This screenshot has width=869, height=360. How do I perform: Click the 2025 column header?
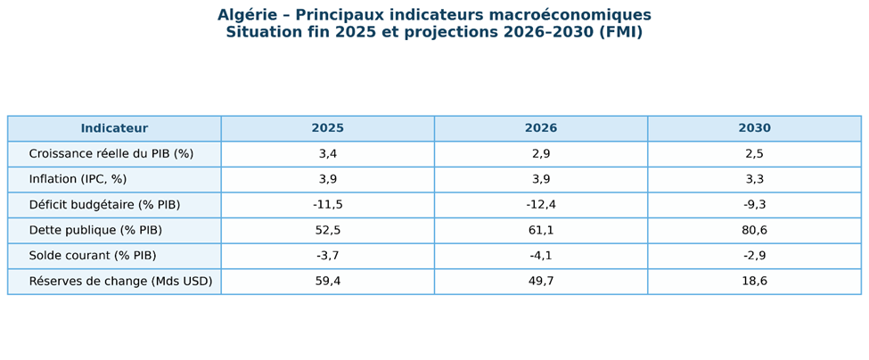pos(327,128)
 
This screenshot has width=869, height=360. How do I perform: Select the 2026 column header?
pos(541,128)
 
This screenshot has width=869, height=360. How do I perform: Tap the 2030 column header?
pos(754,128)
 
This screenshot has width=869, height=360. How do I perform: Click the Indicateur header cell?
pos(114,128)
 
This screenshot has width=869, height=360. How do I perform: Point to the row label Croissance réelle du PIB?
pos(111,154)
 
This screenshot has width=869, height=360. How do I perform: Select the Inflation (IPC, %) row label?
pos(78,179)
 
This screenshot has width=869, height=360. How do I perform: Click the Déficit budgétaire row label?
pos(104,205)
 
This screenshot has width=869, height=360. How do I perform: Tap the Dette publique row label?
pos(95,230)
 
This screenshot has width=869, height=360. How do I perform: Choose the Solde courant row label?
pos(92,256)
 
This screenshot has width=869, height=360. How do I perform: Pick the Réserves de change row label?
pos(120,282)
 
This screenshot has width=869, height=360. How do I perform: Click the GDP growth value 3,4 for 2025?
pos(327,154)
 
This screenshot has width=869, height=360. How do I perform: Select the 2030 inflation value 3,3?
pos(754,179)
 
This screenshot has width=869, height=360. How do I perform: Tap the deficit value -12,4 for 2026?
pos(541,205)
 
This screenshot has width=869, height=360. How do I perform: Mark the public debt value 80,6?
pos(754,230)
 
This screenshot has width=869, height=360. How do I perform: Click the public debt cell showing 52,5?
pos(327,230)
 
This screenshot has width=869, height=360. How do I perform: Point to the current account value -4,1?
pos(541,256)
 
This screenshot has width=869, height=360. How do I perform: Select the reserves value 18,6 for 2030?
pos(754,282)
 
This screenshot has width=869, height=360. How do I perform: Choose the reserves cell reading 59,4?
pos(327,282)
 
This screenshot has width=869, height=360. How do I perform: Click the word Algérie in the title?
pos(247,16)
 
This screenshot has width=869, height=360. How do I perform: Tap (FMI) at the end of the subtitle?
pos(620,33)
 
